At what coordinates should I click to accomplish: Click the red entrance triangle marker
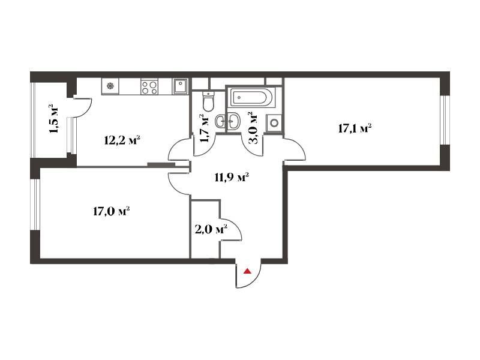pos(247,271)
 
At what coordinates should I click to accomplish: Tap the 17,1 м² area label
pos(355,128)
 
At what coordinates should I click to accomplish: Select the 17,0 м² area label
pos(111,211)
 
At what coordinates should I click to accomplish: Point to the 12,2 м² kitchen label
pos(122,140)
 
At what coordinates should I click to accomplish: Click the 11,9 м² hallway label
pos(232,177)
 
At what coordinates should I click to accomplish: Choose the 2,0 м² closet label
pos(211,229)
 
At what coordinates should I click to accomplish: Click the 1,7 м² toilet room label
pos(203,128)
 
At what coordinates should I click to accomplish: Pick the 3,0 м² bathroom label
pos(252,128)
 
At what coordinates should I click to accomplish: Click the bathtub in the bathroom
pos(251,98)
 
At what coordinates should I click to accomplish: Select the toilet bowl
pos(209,101)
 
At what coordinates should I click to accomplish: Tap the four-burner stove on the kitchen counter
pos(149,86)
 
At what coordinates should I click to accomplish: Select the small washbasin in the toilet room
pos(221,121)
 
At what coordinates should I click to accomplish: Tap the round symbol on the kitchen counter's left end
pos(110,86)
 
